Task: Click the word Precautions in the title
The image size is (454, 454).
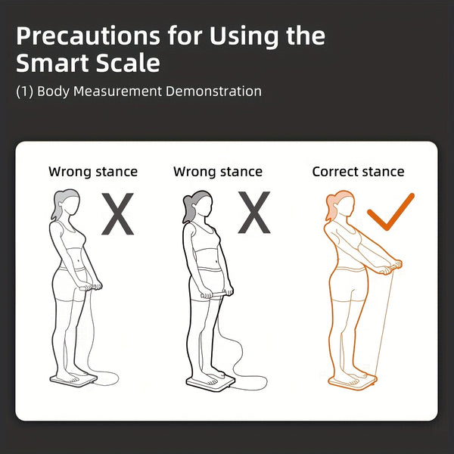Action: [88, 36]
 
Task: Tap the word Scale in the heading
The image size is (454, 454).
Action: [128, 63]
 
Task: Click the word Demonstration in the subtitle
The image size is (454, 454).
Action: [213, 92]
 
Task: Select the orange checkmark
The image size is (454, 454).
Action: [390, 212]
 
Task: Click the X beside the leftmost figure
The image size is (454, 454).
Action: [117, 213]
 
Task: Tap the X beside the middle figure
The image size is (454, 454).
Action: [254, 212]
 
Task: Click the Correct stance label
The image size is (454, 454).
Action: [358, 172]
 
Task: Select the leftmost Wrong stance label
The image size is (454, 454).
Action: [93, 172]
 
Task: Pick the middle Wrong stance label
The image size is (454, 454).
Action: [218, 172]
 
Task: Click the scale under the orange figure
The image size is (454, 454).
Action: [353, 383]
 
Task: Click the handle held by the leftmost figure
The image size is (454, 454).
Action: [88, 288]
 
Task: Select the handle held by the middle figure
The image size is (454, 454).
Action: [215, 295]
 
